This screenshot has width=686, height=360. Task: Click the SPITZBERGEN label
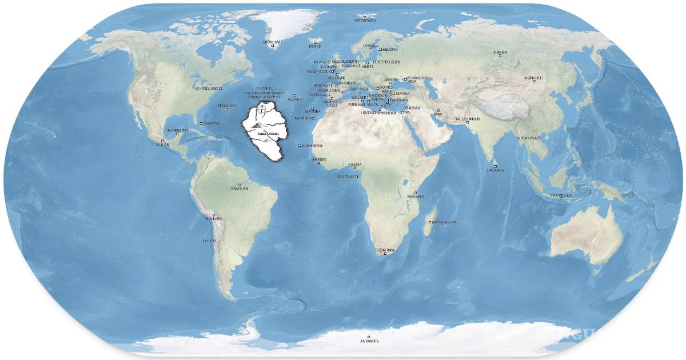[x=365, y=20]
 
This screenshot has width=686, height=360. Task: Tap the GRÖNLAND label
[x=272, y=42]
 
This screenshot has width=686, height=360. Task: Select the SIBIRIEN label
[x=500, y=52]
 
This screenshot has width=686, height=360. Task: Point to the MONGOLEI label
[x=534, y=77]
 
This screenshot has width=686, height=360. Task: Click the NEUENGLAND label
[x=207, y=89]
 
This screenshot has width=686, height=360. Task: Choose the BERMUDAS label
[x=227, y=106]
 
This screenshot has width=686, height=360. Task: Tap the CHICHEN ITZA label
[x=177, y=130]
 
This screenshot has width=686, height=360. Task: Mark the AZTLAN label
[x=162, y=145]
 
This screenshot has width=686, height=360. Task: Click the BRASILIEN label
[x=240, y=188]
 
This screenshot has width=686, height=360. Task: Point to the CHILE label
[x=208, y=241]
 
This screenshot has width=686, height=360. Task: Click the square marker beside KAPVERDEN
[x=300, y=146]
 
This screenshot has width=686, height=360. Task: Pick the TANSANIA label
[x=416, y=197]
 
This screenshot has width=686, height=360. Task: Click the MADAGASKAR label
[x=445, y=222]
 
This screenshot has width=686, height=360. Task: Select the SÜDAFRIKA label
[x=384, y=250]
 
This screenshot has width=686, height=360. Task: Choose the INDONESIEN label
[x=561, y=195]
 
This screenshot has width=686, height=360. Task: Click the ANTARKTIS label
[x=369, y=341]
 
